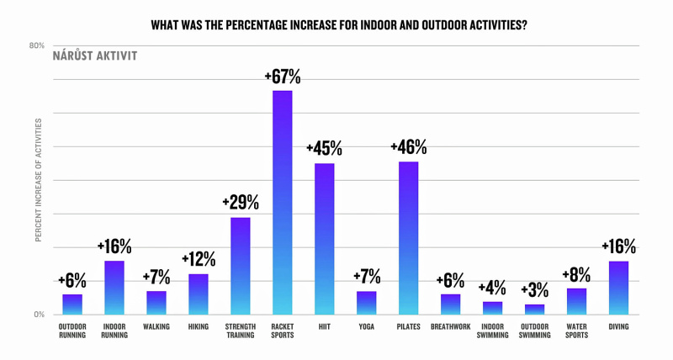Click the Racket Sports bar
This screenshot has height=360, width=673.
coord(282,202)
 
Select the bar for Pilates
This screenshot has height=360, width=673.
coord(408,238)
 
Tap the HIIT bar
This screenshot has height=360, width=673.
coord(324,239)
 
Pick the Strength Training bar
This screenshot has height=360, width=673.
coord(241,266)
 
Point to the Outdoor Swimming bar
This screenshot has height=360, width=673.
coord(534,310)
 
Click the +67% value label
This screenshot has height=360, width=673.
coord(282,77)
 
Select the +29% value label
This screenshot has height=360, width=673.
coord(241,204)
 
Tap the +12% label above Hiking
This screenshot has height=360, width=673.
coord(199,260)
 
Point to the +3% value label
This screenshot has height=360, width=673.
coord(534,290)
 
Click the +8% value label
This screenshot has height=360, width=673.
coord(576,274)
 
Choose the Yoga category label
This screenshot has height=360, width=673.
coord(366,326)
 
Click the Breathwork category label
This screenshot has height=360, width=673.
coord(450,326)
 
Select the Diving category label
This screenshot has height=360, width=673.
coord(618,326)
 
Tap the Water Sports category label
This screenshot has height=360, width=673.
coord(576,331)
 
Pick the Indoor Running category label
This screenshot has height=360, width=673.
coord(114,331)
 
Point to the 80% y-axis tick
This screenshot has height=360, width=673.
coord(37,46)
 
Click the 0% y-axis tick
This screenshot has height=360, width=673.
coord(39,315)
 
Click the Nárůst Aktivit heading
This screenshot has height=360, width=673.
coord(95,56)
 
